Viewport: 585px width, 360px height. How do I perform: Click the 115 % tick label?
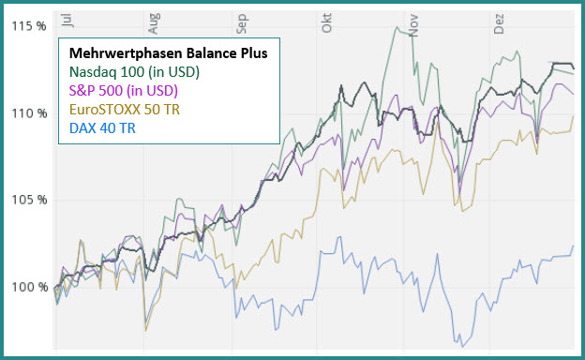(28, 26)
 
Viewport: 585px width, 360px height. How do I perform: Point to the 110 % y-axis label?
(28, 113)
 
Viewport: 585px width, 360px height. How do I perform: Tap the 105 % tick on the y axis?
(28, 200)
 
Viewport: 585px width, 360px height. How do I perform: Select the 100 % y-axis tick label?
(28, 287)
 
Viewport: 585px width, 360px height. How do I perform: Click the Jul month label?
(64, 20)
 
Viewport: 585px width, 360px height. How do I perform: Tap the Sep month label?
(241, 20)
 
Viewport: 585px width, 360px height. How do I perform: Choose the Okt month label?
(325, 21)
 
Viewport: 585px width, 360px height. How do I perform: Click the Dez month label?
(498, 20)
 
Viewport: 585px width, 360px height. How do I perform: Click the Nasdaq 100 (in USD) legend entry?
(135, 72)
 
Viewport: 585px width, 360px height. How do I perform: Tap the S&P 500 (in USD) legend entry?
(124, 91)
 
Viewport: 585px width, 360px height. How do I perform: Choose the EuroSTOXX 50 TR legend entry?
(125, 110)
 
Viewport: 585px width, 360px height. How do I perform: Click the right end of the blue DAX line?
(574, 247)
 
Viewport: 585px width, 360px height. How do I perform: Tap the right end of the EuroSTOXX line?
(574, 116)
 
